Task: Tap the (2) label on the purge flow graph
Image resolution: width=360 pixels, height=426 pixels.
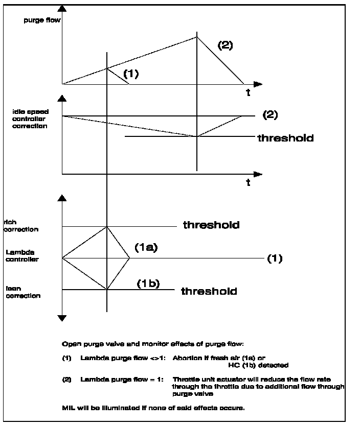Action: point(225,45)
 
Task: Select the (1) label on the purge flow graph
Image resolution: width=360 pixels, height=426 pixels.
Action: point(131,74)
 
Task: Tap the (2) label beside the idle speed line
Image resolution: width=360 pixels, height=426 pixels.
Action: point(269,115)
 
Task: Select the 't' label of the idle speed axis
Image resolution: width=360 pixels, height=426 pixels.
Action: point(248,183)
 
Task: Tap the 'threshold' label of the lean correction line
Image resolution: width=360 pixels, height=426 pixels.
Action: point(209,291)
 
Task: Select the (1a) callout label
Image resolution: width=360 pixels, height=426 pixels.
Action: point(145,248)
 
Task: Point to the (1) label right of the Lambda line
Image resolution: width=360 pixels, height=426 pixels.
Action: point(275,258)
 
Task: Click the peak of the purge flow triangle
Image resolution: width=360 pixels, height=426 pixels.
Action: point(197,37)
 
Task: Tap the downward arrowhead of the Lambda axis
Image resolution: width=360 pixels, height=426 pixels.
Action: point(62,318)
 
